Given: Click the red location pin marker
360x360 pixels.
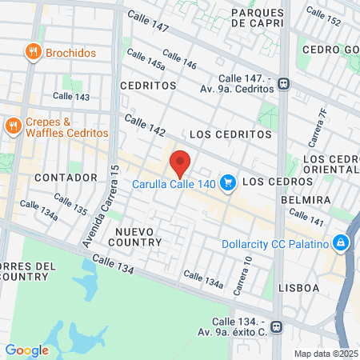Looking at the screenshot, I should tap(180, 163).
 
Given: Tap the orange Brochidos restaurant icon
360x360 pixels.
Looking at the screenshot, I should tap(33, 53).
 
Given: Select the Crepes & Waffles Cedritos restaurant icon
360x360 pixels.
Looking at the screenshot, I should tap(13, 126).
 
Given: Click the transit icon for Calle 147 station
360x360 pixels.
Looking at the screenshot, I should tap(284, 85).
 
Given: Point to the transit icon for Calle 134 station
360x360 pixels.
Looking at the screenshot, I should tap(277, 326).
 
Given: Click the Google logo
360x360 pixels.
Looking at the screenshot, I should tap(26, 350).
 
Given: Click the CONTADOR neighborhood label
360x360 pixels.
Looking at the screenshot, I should tap(66, 177).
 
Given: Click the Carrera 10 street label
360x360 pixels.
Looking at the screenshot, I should tap(242, 274).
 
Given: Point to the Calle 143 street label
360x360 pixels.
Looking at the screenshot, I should tap(71, 97).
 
